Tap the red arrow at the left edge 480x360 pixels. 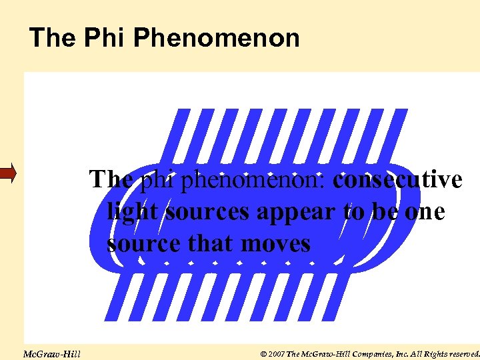[x=7, y=175]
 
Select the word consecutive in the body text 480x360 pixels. [x=397, y=179]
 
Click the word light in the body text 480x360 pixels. [x=133, y=211]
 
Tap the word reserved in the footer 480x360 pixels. [x=459, y=353]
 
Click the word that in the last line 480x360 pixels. [x=209, y=243]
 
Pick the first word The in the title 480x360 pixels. [x=53, y=37]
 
